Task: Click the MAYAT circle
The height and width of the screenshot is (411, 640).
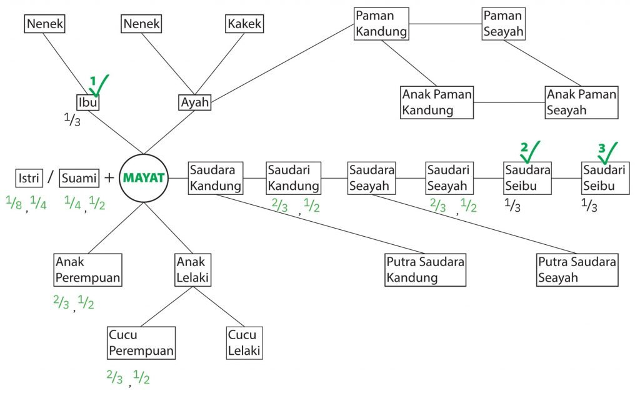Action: coord(145,178)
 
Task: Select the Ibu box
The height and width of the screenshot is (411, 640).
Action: coord(88,101)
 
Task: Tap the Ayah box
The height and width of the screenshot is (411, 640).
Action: coord(195,101)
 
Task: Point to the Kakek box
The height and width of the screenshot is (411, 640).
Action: coord(244,24)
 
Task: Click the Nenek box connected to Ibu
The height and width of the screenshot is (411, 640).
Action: coord(46,24)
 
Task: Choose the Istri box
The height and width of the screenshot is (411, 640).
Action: coord(28,178)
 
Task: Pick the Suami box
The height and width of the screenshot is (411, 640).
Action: coord(80,178)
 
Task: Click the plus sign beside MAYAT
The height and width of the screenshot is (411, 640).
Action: coord(109,178)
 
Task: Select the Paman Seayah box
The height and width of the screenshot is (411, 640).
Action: coord(503,23)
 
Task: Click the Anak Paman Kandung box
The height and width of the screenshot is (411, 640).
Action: coord(437,102)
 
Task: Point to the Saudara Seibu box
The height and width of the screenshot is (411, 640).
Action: coord(527,178)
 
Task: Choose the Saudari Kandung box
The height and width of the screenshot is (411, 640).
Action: coord(294,178)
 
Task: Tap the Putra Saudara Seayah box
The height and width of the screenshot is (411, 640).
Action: coord(577,270)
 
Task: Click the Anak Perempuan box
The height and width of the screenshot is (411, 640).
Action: coord(87,269)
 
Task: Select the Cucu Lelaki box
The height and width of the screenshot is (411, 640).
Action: coord(244,342)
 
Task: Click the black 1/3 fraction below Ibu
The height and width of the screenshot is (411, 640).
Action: coord(72,119)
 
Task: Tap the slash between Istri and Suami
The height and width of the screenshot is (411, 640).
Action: coord(50,178)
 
